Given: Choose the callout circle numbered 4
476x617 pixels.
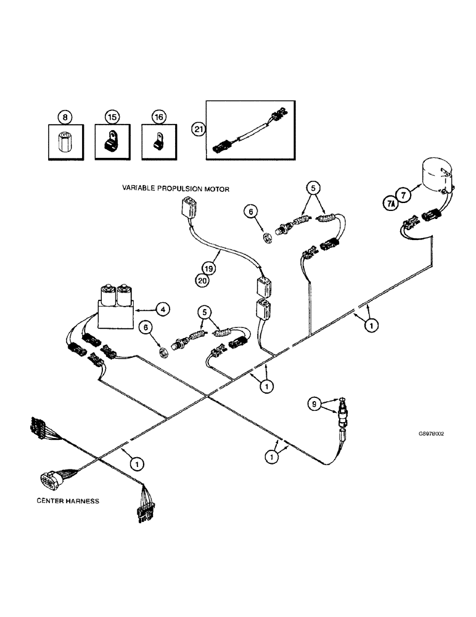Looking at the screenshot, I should click(162, 309).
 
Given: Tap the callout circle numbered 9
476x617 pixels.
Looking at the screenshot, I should click(316, 405).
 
